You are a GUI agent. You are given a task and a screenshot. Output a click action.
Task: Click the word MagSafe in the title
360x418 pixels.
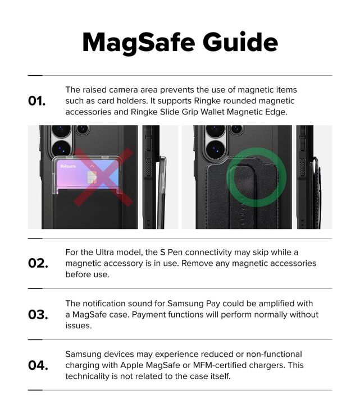[134, 43]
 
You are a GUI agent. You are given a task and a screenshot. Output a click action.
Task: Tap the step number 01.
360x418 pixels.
[37, 101]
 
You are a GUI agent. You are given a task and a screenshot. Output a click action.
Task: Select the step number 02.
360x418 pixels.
[38, 263]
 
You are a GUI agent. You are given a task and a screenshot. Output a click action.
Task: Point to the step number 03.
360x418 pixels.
[38, 314]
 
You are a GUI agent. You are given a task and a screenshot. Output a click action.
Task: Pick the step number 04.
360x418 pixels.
[38, 365]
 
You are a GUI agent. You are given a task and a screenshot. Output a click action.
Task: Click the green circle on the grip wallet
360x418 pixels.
[256, 178]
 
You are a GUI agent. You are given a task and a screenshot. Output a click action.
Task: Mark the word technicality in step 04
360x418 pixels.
[90, 376]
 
